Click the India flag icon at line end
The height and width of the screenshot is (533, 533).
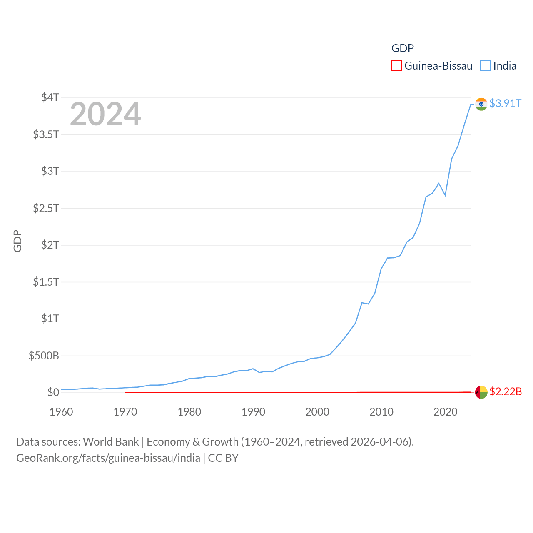pos(481,104)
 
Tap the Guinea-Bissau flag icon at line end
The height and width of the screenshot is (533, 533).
pos(481,392)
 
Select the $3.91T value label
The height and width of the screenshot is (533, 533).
pos(505,103)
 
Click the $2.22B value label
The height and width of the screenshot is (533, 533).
pos(506,391)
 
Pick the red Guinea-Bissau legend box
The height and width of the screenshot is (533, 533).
pos(397,66)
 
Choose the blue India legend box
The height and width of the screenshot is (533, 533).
pos(486,66)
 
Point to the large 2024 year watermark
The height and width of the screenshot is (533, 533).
pos(105,114)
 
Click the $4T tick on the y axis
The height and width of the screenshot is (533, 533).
pos(50,97)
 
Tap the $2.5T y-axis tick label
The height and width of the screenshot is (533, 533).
pos(46,208)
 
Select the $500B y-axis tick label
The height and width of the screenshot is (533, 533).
pos(44,356)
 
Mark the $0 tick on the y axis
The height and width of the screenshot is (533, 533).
pos(53,392)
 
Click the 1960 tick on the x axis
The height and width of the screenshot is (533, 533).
pos(61,412)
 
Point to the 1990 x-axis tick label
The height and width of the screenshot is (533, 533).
pos(253,412)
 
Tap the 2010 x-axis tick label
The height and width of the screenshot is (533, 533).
pos(381,412)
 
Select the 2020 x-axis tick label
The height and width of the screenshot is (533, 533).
pos(446,412)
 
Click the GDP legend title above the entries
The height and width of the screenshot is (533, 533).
pos(403,48)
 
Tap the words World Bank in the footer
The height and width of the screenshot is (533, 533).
pos(111,441)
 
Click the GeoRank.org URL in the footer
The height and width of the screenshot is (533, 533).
pos(108,458)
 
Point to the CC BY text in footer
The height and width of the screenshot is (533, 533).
pos(223,458)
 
